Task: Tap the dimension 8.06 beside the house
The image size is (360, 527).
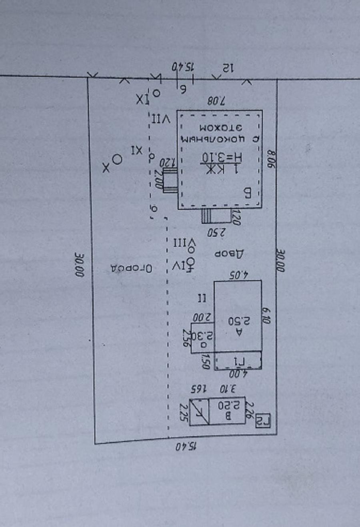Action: click(272, 159)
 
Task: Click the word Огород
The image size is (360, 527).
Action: click(131, 268)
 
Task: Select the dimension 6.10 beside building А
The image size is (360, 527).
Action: click(266, 315)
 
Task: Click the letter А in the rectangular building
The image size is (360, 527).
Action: click(239, 331)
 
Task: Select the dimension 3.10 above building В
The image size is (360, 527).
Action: click(228, 388)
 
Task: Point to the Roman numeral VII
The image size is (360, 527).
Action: click(161, 119)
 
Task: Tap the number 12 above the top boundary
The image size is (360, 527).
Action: click(227, 68)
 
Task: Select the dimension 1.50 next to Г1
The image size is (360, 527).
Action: click(206, 361)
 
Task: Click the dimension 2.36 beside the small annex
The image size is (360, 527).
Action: click(187, 337)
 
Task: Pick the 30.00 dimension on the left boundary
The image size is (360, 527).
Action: click(79, 264)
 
